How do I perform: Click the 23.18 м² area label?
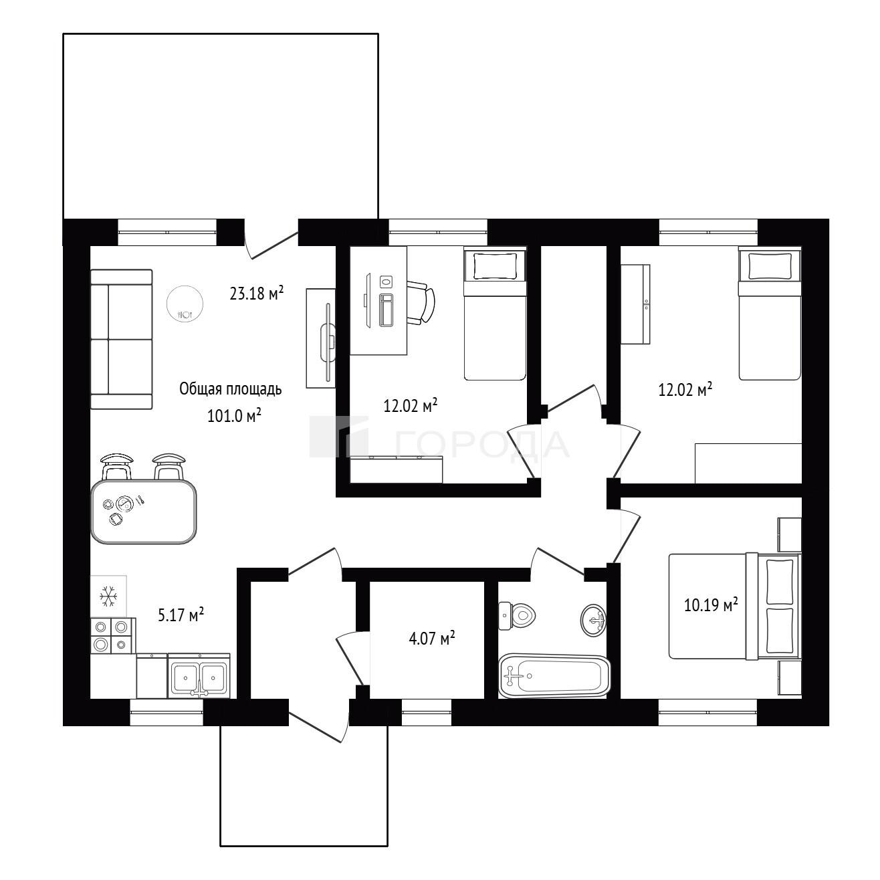pos(257,293)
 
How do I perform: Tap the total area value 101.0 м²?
pos(234,415)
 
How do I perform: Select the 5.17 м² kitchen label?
pos(181,615)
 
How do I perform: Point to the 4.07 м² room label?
pos(432,638)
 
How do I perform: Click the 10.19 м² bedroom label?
pos(711,605)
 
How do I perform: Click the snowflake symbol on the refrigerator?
pos(109,596)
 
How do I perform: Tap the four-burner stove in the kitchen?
pos(113,635)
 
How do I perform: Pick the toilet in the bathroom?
pos(518,616)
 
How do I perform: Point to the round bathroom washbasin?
pos(594,620)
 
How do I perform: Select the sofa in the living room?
pos(121,339)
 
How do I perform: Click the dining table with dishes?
pos(144,512)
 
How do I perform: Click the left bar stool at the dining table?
pos(118,466)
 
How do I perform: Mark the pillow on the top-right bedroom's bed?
pos(770,265)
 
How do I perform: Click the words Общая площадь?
pos(230,389)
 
